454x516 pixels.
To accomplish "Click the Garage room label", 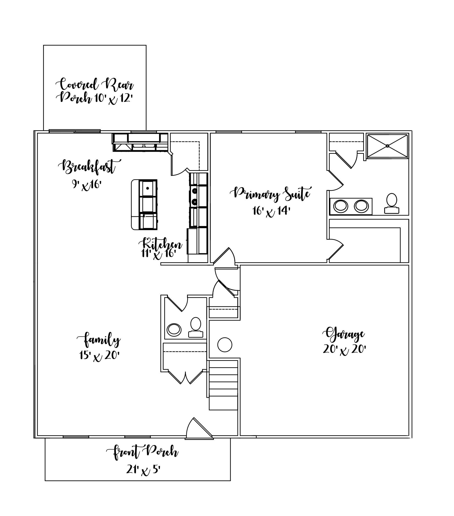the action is [x=344, y=334].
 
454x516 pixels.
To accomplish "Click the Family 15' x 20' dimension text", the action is [x=99, y=356].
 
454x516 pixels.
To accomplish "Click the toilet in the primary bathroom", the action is [x=391, y=203].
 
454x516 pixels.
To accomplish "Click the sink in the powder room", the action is [x=174, y=330].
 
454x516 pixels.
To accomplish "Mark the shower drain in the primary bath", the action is [x=387, y=146].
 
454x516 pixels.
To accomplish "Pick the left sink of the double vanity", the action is [x=341, y=206].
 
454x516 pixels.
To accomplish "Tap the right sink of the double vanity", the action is [x=361, y=206].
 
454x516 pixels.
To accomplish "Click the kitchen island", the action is [x=144, y=205].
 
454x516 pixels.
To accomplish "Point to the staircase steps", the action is [x=223, y=385].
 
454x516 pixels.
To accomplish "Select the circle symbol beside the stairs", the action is [x=225, y=345].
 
